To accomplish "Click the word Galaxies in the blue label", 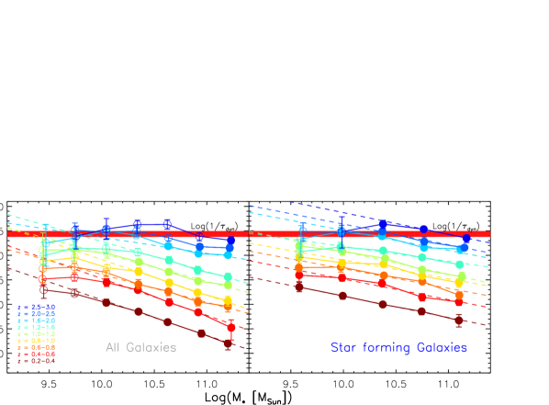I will [x=442, y=348].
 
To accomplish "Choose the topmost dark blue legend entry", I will [x=36, y=307].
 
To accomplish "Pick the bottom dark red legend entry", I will [x=36, y=360].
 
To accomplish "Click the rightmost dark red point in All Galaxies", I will [x=229, y=343].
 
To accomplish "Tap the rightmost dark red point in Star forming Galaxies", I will [x=458, y=320].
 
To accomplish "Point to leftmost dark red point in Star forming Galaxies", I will [x=299, y=287].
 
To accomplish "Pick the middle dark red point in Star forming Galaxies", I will [x=383, y=304].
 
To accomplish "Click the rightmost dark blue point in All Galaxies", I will [x=230, y=242].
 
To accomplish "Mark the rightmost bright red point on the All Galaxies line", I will [x=230, y=327].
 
